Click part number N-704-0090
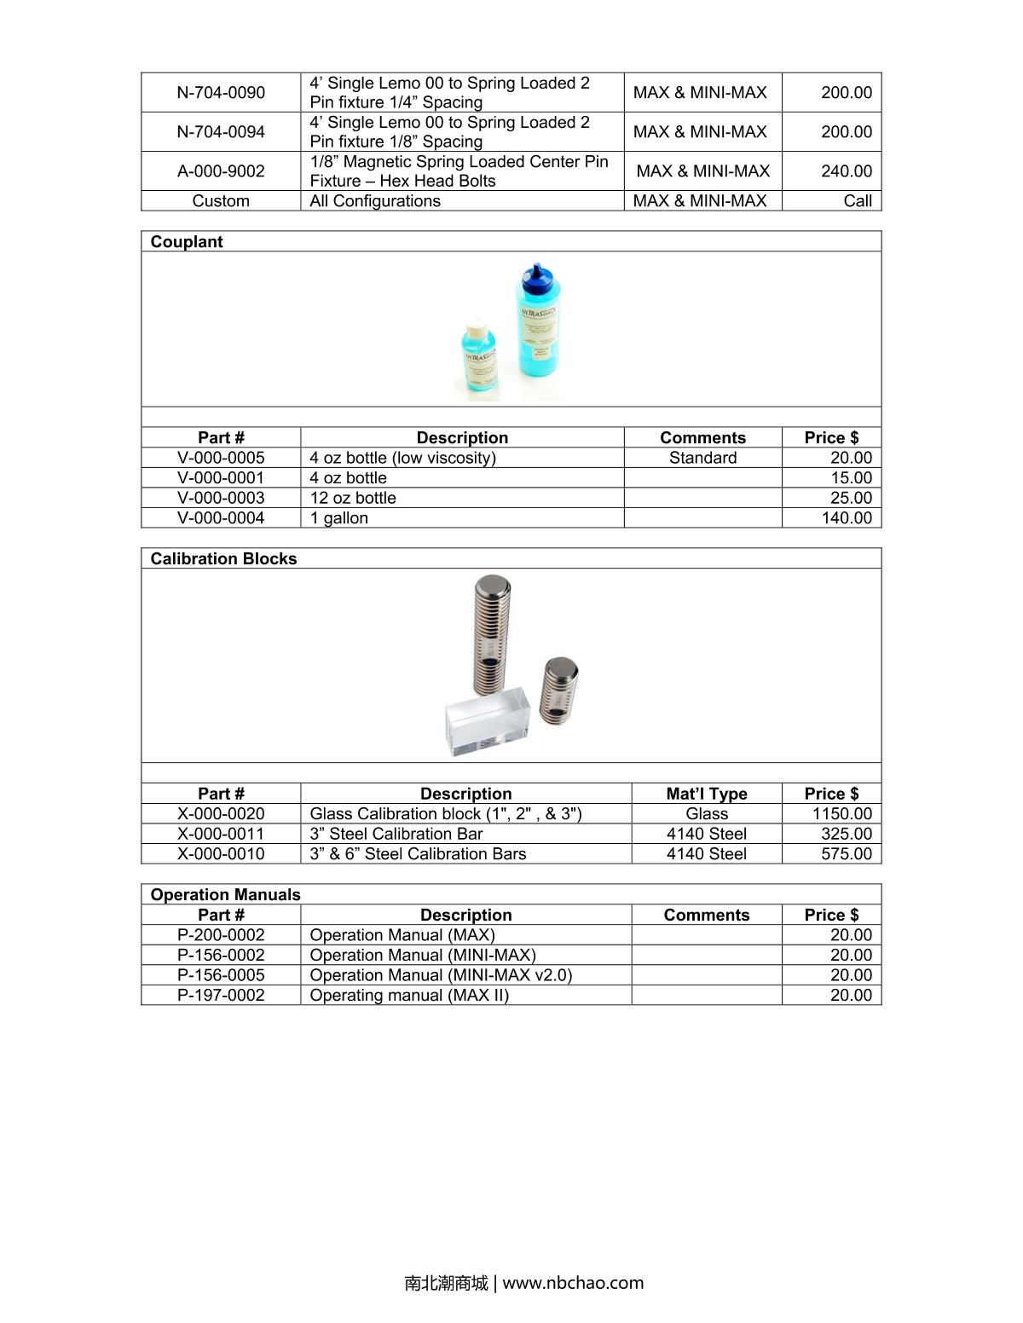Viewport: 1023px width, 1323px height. point(221,92)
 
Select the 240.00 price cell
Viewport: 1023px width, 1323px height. point(846,170)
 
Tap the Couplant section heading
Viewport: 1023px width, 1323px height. point(187,241)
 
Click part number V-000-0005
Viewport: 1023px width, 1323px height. point(221,458)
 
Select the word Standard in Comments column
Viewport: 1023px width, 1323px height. point(702,458)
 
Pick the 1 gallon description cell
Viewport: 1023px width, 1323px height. point(339,517)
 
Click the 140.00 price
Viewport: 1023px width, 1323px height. point(846,517)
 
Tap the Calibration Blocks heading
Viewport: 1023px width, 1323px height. point(223,558)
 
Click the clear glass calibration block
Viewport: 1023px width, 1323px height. point(488,722)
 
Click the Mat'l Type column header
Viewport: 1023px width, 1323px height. point(706,794)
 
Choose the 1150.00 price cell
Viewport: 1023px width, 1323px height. point(841,813)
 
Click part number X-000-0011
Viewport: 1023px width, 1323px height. point(221,834)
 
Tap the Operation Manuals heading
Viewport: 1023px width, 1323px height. point(225,894)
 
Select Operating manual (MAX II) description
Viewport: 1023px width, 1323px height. point(409,995)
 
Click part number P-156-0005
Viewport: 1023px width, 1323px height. point(221,974)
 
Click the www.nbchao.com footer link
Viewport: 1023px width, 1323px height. point(573,1283)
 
